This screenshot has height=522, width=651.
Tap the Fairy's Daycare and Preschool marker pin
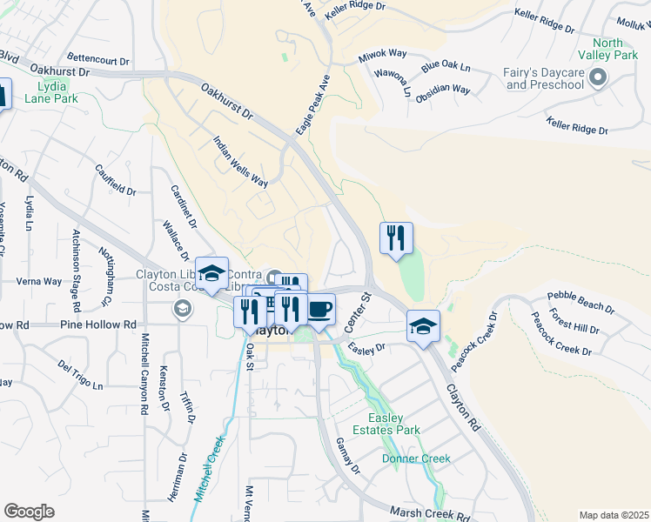(597, 79)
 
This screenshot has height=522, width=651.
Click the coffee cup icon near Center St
(319, 309)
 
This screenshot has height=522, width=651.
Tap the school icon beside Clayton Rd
(423, 326)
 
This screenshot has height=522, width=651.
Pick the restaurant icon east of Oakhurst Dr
(396, 238)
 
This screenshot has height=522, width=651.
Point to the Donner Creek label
(416, 458)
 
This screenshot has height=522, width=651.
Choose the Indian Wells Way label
(241, 162)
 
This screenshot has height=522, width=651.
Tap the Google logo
(29, 512)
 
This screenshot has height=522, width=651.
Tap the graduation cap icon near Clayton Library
(211, 273)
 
